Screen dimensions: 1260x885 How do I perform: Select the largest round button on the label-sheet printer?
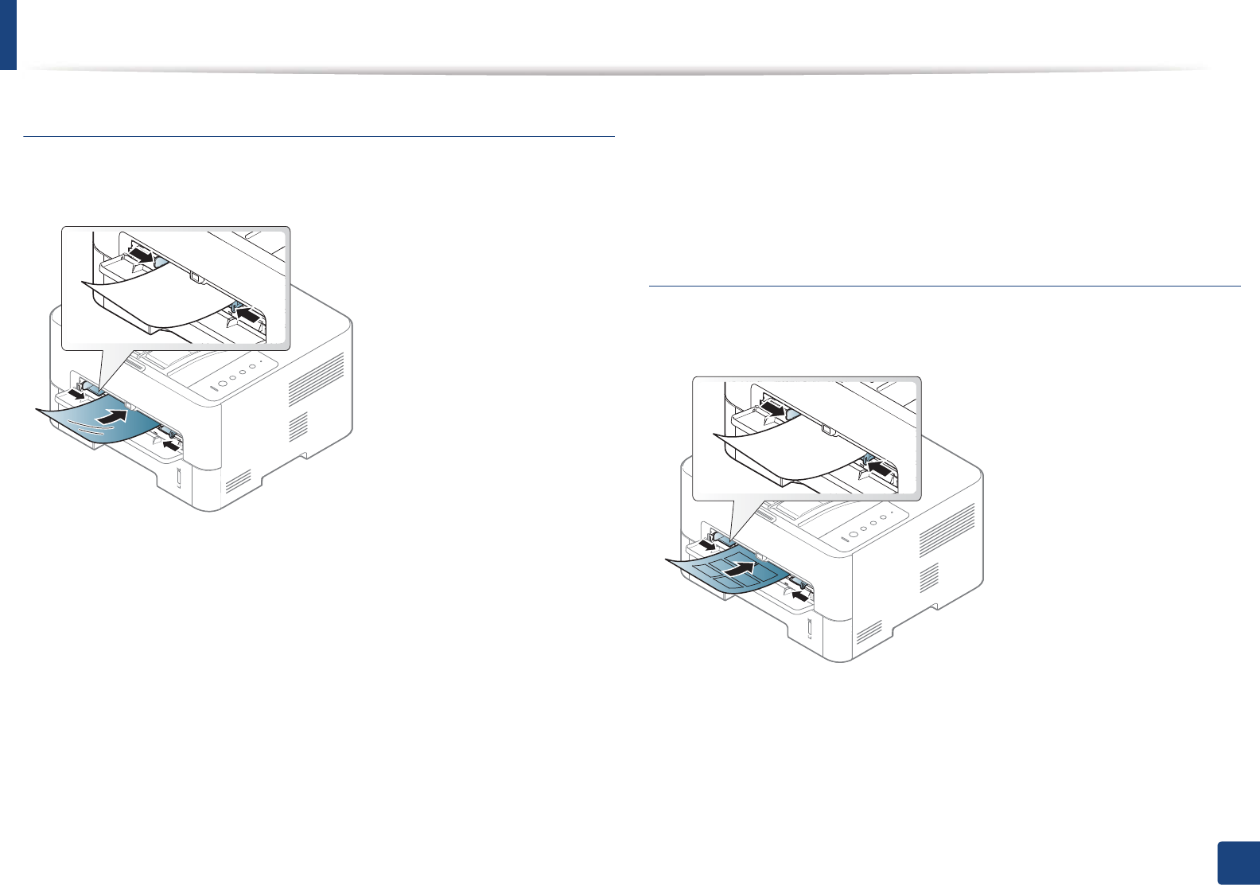[853, 532]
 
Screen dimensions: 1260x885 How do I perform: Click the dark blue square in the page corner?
[1239, 864]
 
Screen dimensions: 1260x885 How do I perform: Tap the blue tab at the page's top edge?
[8, 34]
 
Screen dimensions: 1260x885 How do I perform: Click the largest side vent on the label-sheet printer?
[947, 529]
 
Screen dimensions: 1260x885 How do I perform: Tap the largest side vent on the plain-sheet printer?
[317, 379]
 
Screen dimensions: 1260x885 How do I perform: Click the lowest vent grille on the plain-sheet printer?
[239, 480]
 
